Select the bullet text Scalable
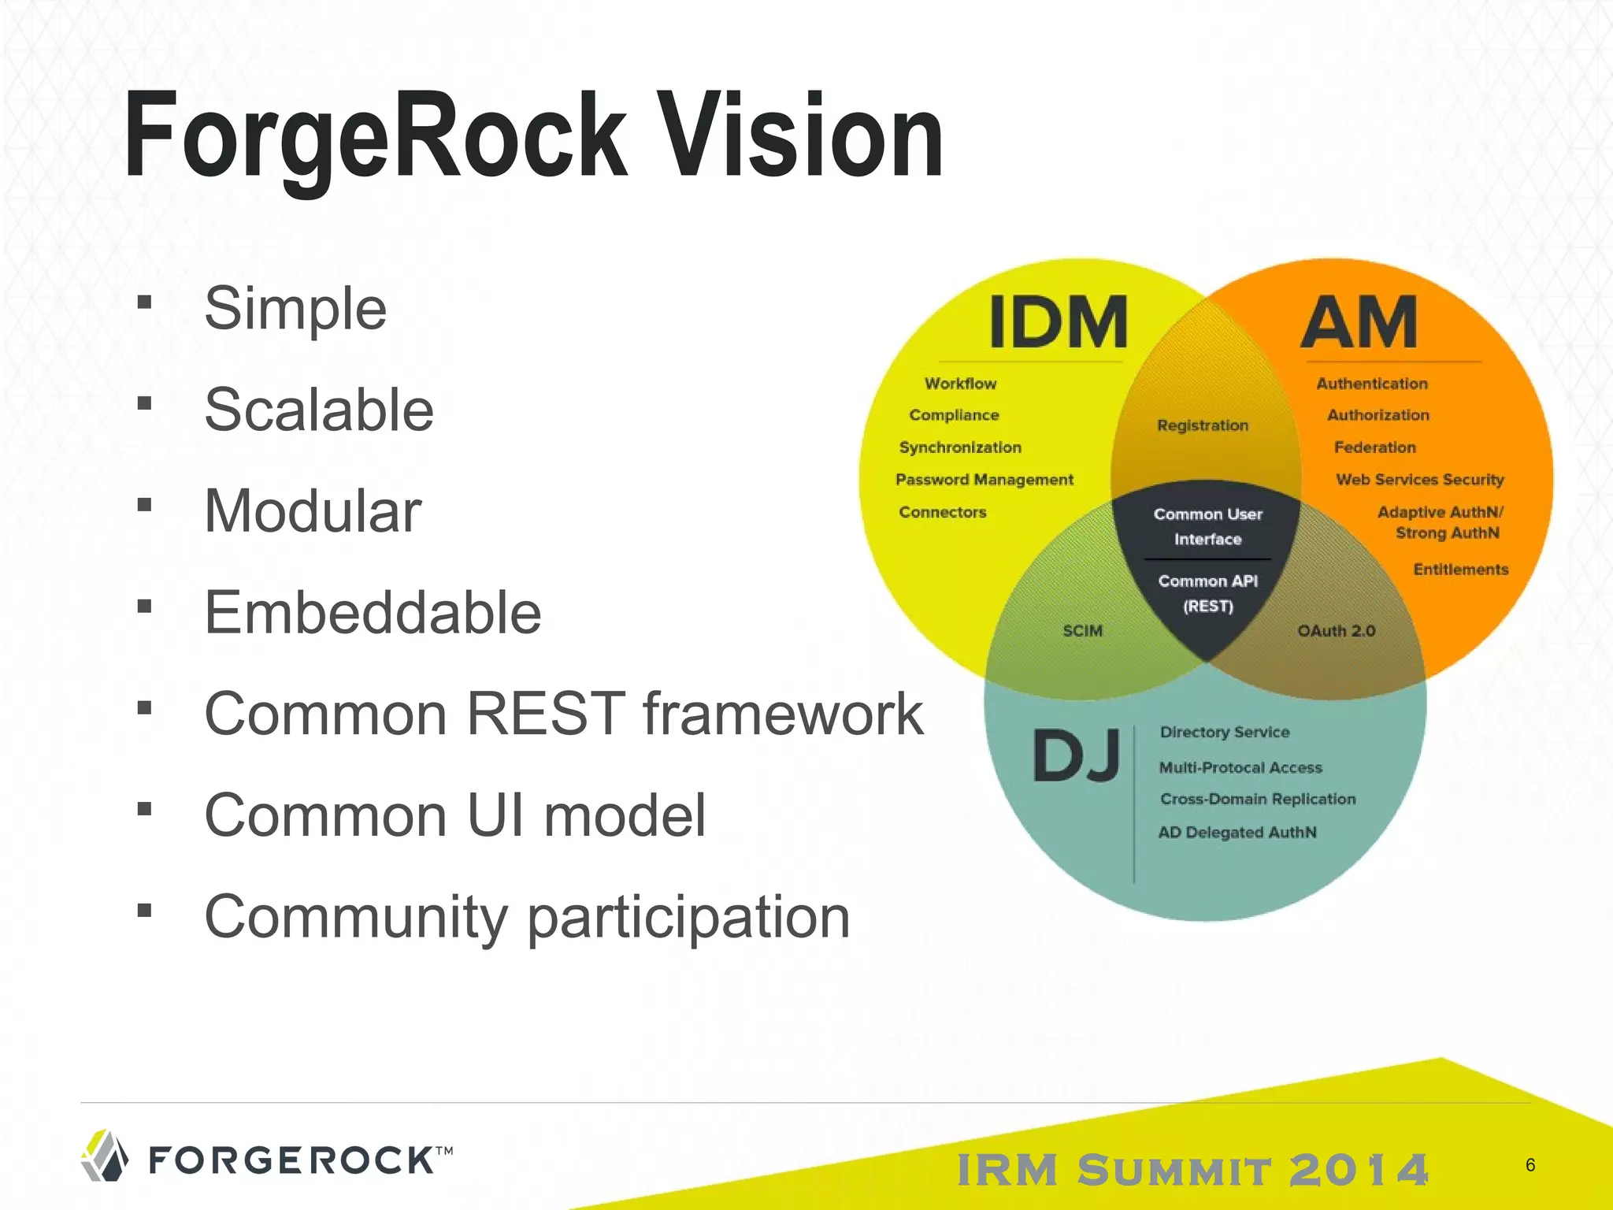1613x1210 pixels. [318, 410]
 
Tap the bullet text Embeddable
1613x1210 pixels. [372, 613]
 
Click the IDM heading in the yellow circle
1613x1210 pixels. [1057, 322]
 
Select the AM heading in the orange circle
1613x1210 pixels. [1359, 322]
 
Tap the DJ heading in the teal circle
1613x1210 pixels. [1075, 755]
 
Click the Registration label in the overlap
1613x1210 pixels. [1203, 425]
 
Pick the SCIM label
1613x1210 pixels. [1082, 631]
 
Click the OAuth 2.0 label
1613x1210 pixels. [1336, 631]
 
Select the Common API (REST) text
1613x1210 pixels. [1207, 593]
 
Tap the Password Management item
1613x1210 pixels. [984, 480]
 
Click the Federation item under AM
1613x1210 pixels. [1374, 447]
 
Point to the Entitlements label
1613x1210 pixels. [1460, 570]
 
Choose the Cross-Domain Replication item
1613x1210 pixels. [1257, 799]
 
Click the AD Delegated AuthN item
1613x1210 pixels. [1237, 833]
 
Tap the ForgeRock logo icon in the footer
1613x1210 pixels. [105, 1156]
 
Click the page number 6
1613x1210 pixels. [1530, 1165]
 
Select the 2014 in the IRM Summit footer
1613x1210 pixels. [1359, 1170]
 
